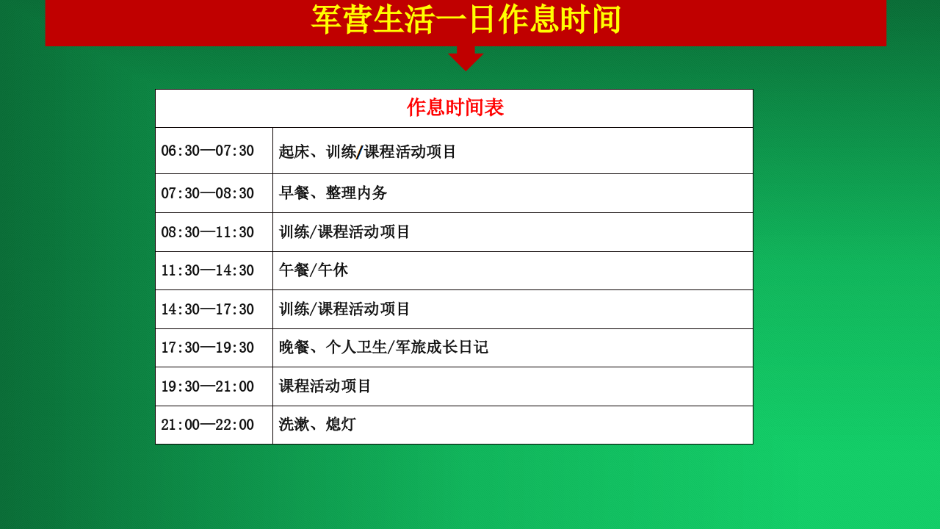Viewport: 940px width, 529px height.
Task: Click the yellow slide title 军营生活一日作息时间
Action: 466,19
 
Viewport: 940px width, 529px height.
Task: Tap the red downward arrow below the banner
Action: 466,58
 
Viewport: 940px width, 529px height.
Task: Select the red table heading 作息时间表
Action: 455,107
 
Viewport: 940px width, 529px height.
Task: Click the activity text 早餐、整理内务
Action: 333,193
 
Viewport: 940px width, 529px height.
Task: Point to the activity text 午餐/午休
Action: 314,270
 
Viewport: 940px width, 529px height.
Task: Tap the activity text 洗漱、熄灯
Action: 317,425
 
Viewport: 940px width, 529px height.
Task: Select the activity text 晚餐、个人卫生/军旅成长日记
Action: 383,348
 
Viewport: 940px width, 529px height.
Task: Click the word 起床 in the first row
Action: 294,151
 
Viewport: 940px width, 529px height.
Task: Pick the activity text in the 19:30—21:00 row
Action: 325,386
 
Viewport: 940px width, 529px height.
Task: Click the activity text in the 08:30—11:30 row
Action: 344,232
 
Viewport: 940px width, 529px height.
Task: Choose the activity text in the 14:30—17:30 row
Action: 344,309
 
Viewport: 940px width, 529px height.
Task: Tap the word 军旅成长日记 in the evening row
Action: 442,348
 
